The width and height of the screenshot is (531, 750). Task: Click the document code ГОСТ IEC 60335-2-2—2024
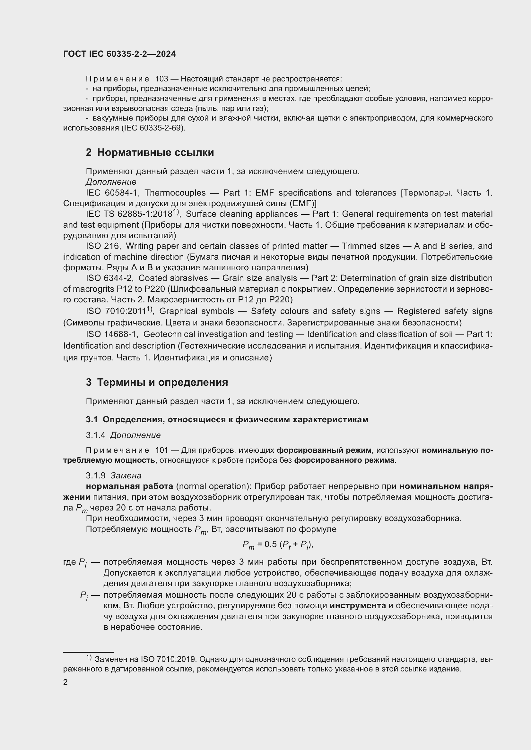click(119, 54)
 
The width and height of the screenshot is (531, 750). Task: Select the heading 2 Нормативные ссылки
click(150, 153)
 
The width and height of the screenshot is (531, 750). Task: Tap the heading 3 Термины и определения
click(157, 382)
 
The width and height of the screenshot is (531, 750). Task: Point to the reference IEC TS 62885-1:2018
click(129, 214)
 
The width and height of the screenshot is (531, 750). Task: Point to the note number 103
click(161, 79)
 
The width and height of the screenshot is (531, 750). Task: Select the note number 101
click(161, 450)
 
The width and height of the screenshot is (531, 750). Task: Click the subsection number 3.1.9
click(95, 475)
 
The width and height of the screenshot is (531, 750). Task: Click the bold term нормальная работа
click(129, 486)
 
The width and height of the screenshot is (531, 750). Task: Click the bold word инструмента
click(358, 605)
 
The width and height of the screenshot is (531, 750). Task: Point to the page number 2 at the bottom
click(65, 682)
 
